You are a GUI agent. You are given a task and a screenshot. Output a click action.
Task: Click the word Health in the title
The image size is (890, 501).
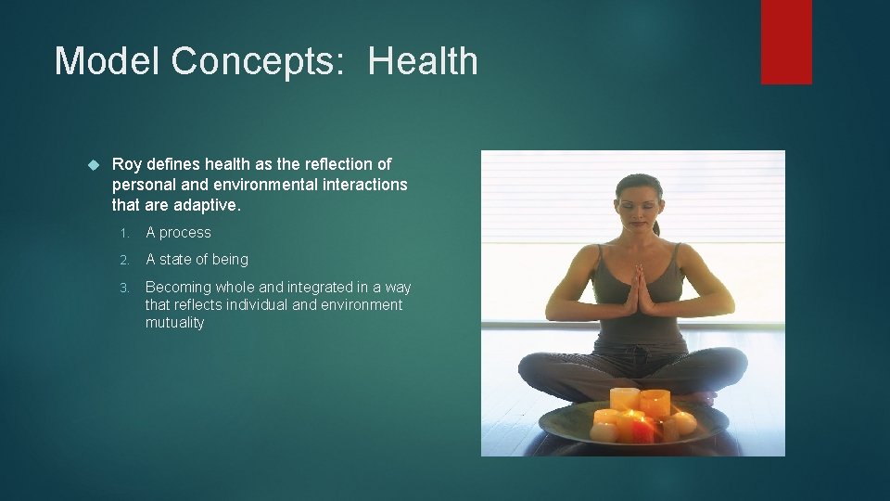tap(423, 61)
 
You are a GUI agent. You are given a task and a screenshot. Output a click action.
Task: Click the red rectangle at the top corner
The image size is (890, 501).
tap(786, 42)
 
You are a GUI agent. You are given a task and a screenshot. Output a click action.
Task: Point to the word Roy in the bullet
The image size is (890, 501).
tap(126, 164)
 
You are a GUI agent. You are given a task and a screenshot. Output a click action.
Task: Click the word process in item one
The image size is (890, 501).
tap(185, 233)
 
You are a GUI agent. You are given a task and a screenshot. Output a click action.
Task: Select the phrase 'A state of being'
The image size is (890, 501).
tap(197, 260)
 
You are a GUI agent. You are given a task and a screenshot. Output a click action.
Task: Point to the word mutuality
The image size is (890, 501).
tap(174, 323)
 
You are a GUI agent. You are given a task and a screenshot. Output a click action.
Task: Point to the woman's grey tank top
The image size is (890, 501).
tap(640, 315)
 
